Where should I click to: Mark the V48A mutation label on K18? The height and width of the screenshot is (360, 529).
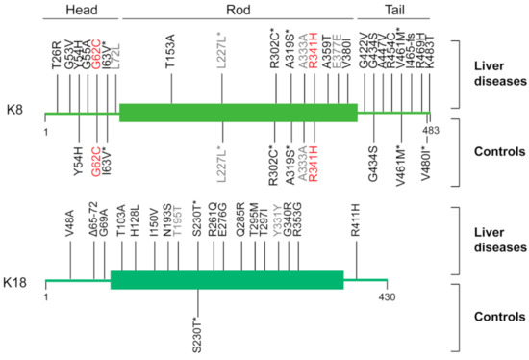click(x=71, y=223)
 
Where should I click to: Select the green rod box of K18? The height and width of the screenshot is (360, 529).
click(x=227, y=280)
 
